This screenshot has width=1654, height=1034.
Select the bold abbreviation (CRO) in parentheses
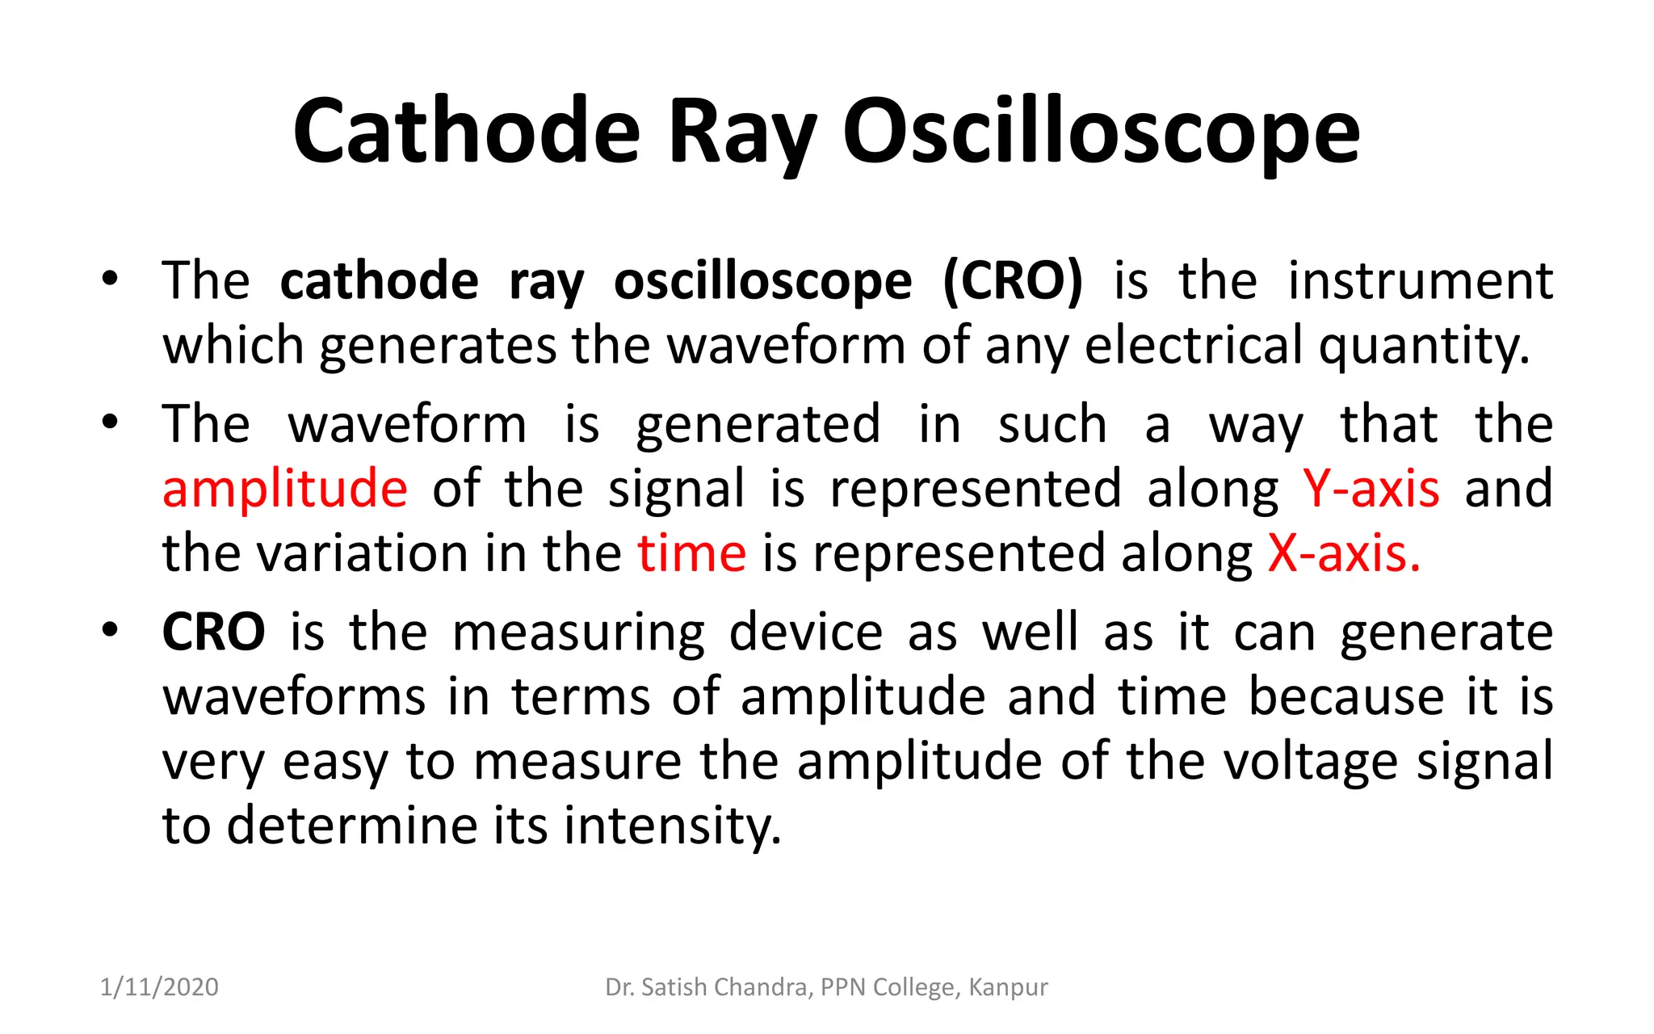[1013, 281]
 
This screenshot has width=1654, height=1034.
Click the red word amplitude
[285, 490]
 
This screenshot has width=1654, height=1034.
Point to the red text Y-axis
[1371, 490]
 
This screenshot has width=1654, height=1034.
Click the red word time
[692, 554]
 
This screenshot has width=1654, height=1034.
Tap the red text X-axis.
[1343, 554]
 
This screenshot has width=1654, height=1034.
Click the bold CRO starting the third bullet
[213, 633]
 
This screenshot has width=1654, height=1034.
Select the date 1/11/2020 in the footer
[159, 987]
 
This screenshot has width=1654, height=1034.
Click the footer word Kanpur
[1008, 987]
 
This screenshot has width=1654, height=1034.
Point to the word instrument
[1420, 281]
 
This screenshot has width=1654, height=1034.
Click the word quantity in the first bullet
[1424, 346]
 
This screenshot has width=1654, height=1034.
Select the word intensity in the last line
[672, 826]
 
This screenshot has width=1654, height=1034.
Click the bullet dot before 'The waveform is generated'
[111, 422]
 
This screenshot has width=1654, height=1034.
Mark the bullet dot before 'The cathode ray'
[111, 280]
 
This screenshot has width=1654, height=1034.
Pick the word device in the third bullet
[805, 633]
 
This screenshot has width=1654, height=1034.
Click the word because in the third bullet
[1345, 697]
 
